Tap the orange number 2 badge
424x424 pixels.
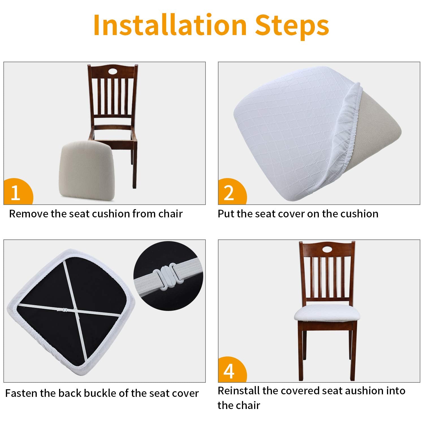tap(230, 193)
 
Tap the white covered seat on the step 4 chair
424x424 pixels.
tap(327, 313)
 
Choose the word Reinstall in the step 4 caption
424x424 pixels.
tap(239, 391)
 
